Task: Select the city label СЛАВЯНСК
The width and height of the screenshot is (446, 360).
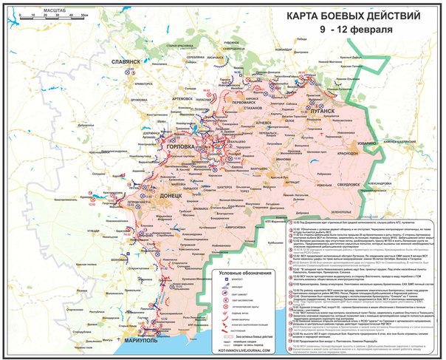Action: [126, 63]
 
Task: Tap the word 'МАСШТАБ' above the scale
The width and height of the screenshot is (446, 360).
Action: [50, 10]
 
